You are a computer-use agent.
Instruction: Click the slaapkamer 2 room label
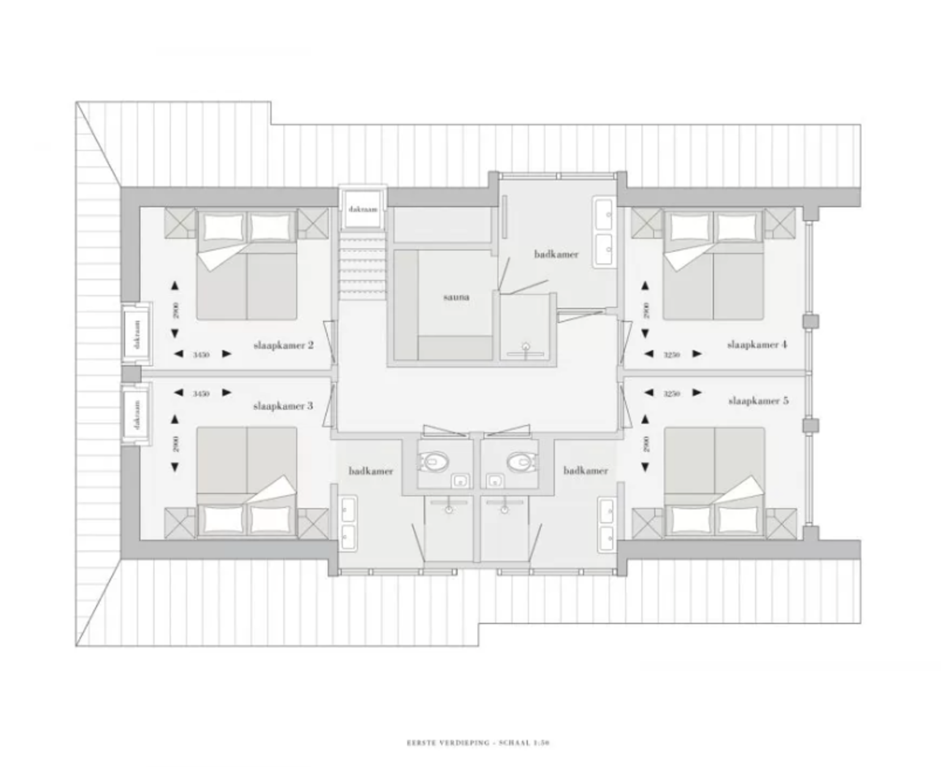pyautogui.click(x=284, y=345)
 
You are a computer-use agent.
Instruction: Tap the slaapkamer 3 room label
pyautogui.click(x=283, y=406)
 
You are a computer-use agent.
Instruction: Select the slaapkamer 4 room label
pyautogui.click(x=757, y=344)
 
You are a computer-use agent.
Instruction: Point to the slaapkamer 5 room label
pyautogui.click(x=758, y=401)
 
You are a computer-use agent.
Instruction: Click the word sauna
pyautogui.click(x=456, y=297)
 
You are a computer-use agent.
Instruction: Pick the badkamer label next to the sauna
pyautogui.click(x=556, y=254)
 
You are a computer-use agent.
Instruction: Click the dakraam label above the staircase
pyautogui.click(x=363, y=209)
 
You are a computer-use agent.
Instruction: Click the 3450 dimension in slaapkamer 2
pyautogui.click(x=201, y=354)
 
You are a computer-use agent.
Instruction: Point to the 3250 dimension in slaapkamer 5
pyautogui.click(x=671, y=394)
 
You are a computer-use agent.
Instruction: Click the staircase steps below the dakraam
pyautogui.click(x=363, y=267)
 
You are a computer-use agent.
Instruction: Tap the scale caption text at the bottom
pyautogui.click(x=478, y=743)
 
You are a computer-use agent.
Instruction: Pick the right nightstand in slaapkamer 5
pyautogui.click(x=780, y=522)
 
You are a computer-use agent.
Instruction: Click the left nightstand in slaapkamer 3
pyautogui.click(x=180, y=522)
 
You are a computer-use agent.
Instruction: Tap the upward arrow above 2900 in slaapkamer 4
pyautogui.click(x=645, y=285)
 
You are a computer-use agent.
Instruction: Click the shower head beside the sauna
pyautogui.click(x=526, y=348)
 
